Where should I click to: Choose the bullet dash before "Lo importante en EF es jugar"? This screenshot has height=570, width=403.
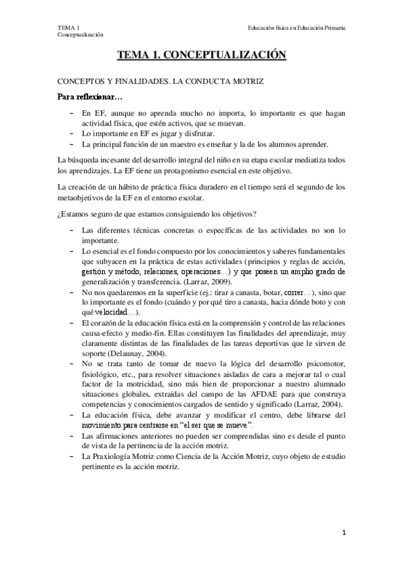tap(72, 134)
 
